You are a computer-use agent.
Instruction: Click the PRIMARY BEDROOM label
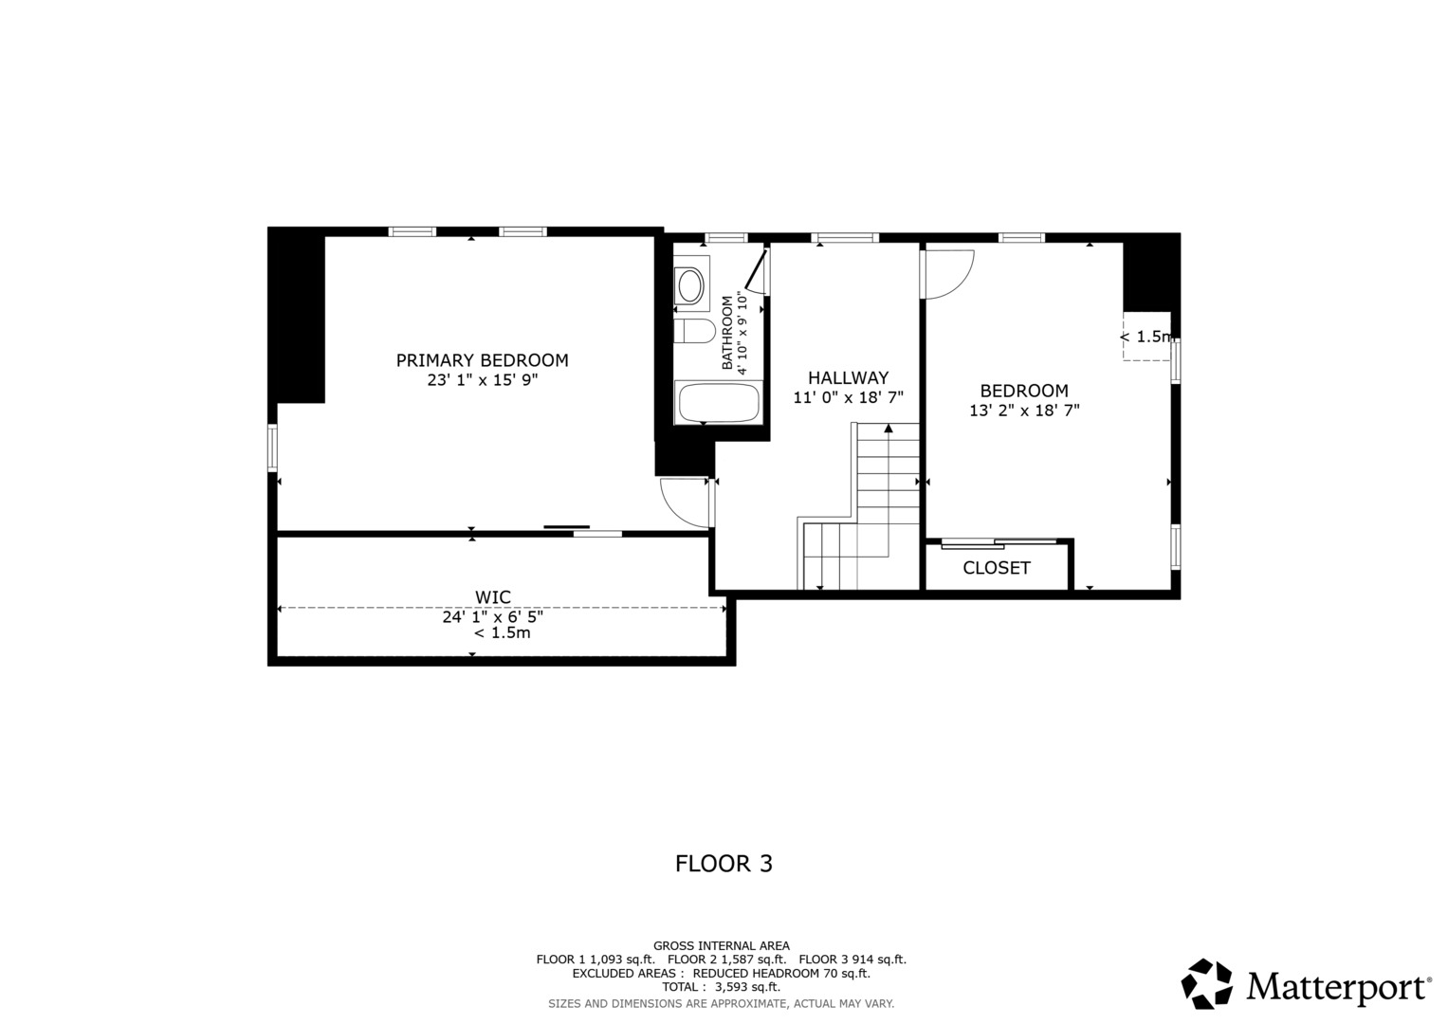coord(482,360)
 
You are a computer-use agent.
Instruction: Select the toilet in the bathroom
coord(694,332)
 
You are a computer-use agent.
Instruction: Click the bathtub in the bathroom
coord(719,403)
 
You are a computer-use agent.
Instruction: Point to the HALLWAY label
coord(848,377)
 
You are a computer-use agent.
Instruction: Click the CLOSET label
coord(996,568)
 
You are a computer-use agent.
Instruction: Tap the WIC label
coord(492,597)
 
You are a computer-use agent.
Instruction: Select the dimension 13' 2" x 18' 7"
coord(1024,411)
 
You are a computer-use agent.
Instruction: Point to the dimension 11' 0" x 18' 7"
coord(848,397)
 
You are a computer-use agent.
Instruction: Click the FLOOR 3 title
coord(724,864)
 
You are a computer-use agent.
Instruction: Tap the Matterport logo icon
coord(1206,983)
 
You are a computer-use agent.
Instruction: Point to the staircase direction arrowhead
coord(889,429)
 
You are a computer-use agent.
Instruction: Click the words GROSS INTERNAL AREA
coord(721,945)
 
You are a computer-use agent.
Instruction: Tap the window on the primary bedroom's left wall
coord(273,448)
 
